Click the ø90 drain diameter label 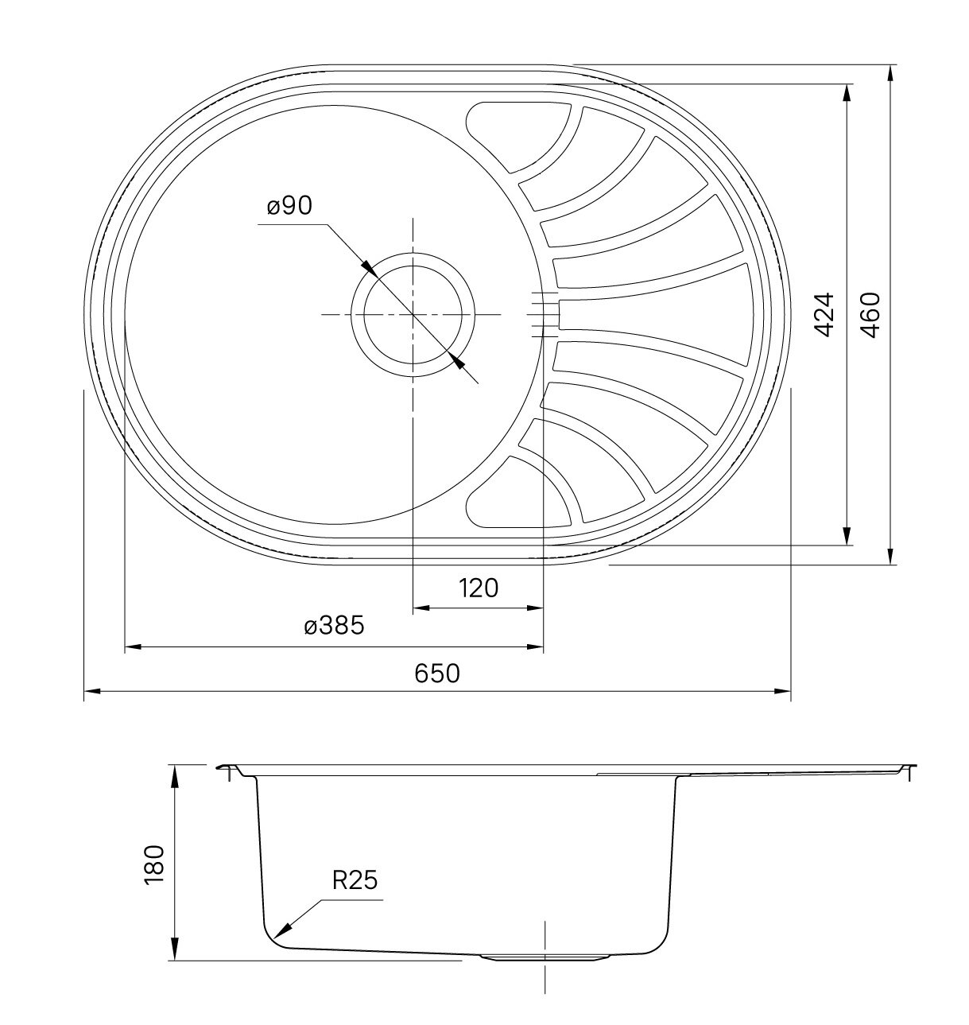pos(289,205)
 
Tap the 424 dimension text pos(824,315)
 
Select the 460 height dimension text pos(870,315)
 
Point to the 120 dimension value pos(479,588)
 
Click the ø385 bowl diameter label pos(334,625)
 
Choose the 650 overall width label pos(437,673)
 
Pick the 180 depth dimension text pos(153,864)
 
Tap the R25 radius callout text pos(355,880)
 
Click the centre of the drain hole pos(413,315)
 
